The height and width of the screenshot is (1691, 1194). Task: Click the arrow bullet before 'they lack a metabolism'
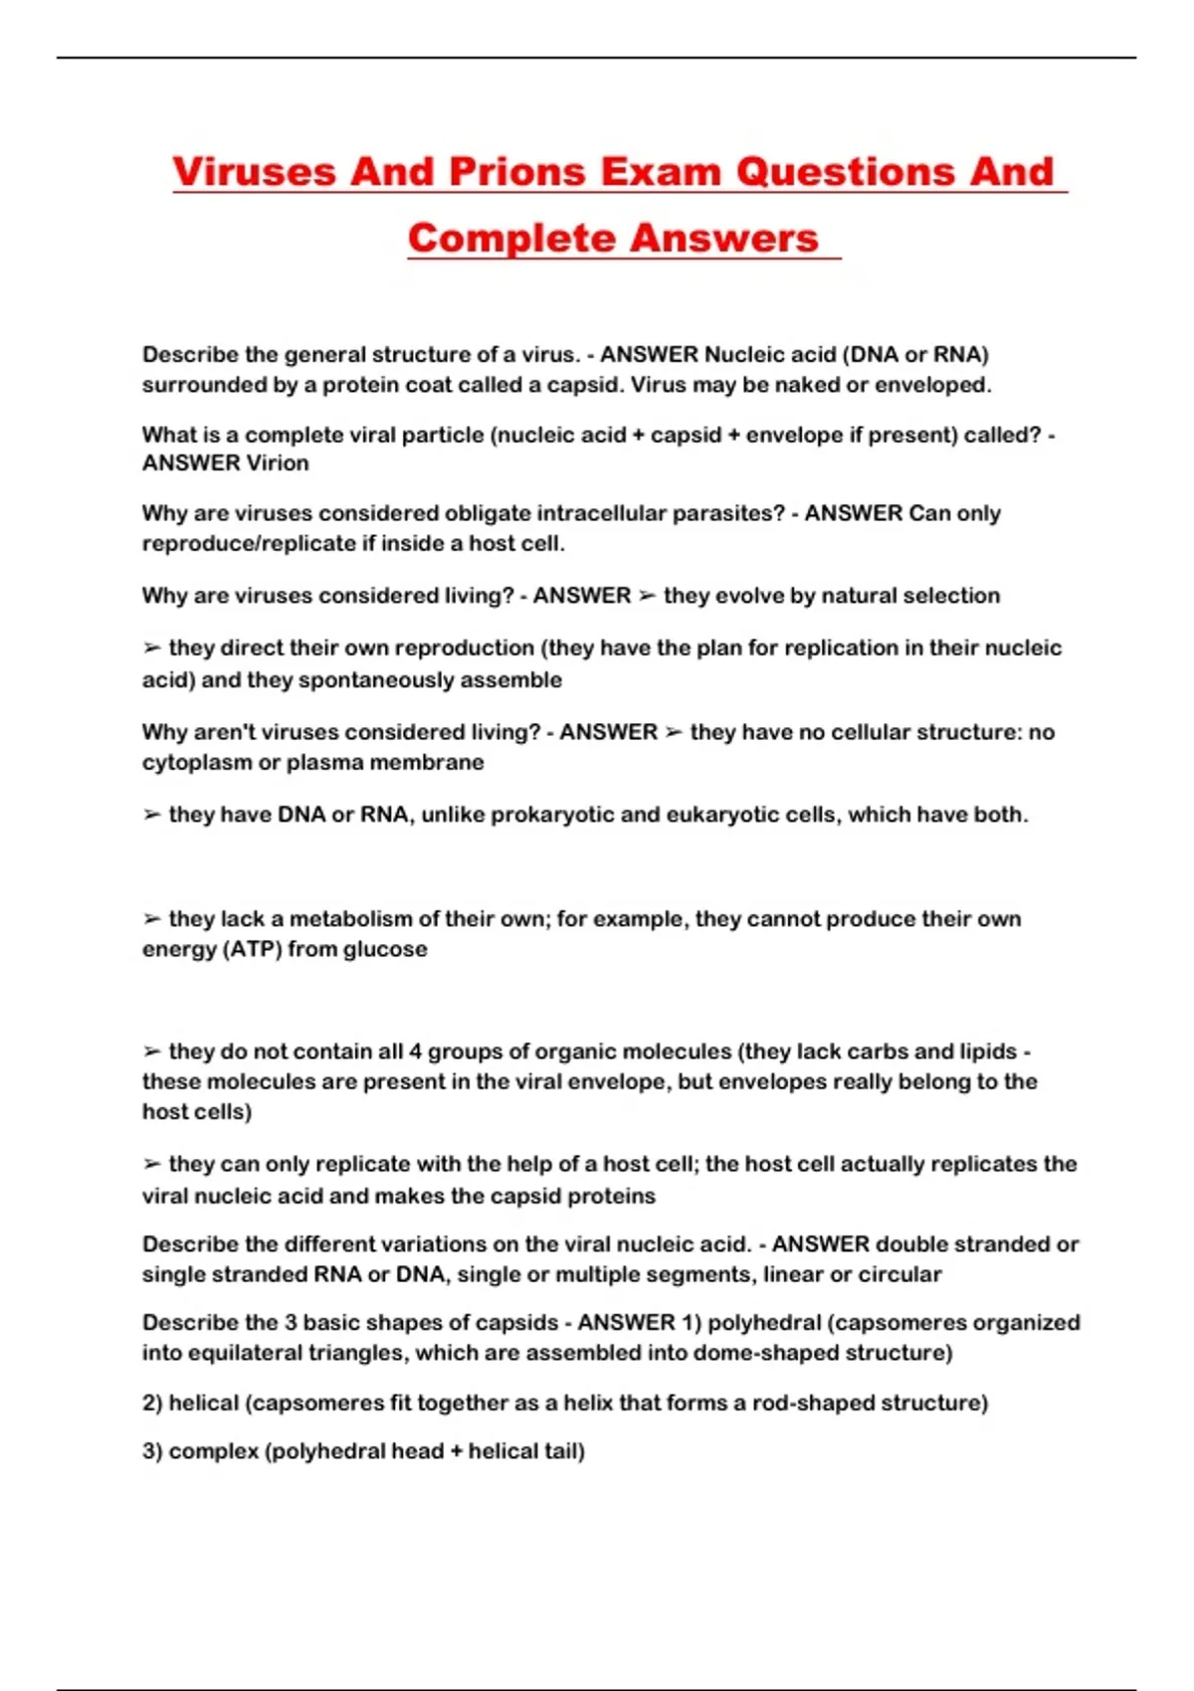click(152, 919)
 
